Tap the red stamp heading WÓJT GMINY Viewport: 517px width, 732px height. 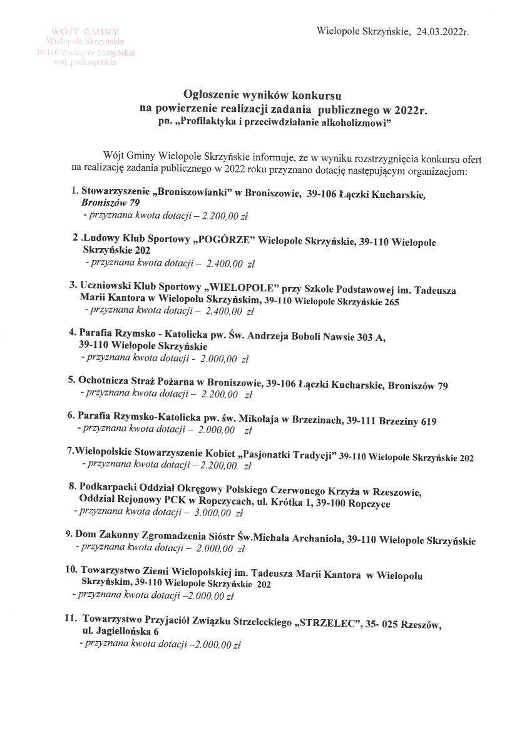85,31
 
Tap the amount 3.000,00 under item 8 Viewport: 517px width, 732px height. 213,513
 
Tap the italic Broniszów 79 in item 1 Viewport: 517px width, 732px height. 110,203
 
